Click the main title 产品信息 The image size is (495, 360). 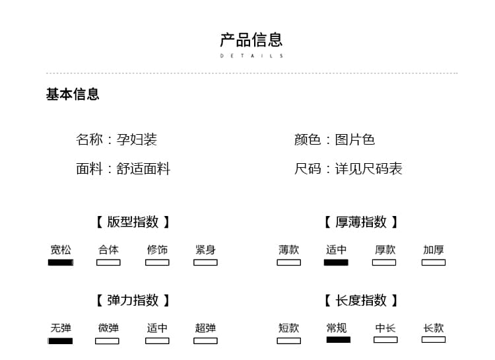pyautogui.click(x=251, y=40)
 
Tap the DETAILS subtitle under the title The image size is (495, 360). pyautogui.click(x=251, y=56)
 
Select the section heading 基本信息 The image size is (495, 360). pyautogui.click(x=73, y=94)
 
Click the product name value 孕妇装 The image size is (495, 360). pyautogui.click(x=137, y=139)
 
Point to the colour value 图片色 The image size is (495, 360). pyautogui.click(x=355, y=139)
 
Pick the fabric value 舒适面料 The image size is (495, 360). pyautogui.click(x=143, y=168)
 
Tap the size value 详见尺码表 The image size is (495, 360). pyautogui.click(x=369, y=168)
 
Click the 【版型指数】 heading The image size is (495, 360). pyautogui.click(x=133, y=221)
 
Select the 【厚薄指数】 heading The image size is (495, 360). pyautogui.click(x=361, y=221)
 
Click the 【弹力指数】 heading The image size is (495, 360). pyautogui.click(x=133, y=300)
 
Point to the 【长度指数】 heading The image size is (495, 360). pyautogui.click(x=361, y=300)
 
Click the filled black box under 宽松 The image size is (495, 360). pyautogui.click(x=61, y=262)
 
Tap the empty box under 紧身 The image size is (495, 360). pyautogui.click(x=205, y=262)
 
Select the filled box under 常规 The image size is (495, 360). pyautogui.click(x=339, y=340)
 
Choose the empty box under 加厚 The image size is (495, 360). pyautogui.click(x=434, y=262)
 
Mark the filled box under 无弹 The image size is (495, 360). pyautogui.click(x=60, y=341)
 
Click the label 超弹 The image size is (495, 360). pyautogui.click(x=205, y=328)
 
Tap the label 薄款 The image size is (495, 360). pyautogui.click(x=289, y=250)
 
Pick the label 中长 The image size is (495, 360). pyautogui.click(x=385, y=328)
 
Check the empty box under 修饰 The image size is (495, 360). pyautogui.click(x=157, y=262)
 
